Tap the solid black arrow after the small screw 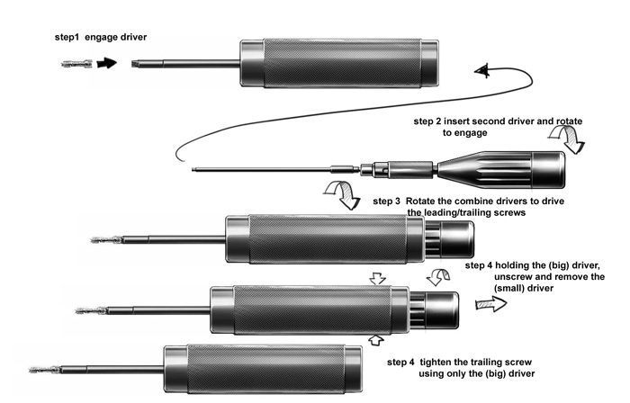[x=107, y=63]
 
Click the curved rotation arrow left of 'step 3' [x=342, y=193]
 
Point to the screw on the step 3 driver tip [x=107, y=240]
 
